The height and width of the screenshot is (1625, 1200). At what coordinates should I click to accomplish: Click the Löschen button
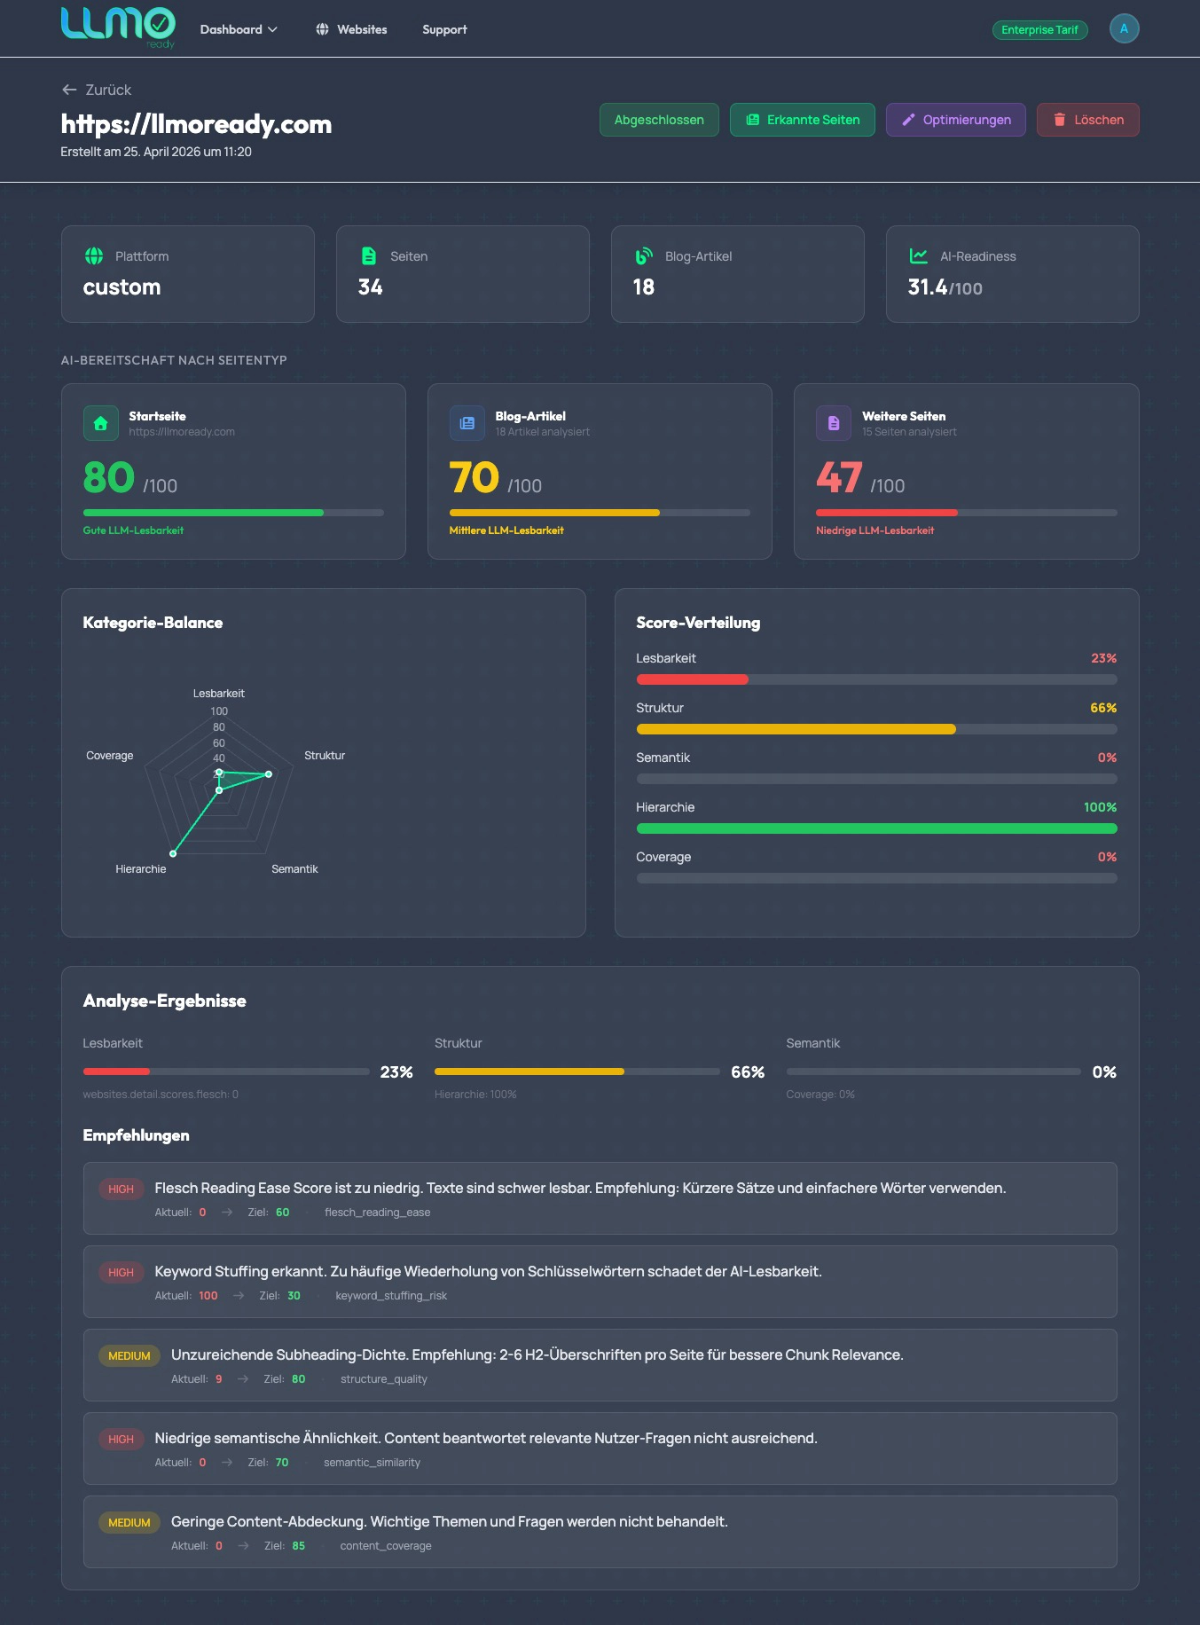click(1087, 120)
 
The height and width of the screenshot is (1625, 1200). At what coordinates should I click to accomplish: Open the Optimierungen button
click(955, 120)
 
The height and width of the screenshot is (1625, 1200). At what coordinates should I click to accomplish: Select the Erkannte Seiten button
click(802, 120)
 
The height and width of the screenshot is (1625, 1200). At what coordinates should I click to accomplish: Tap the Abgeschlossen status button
click(659, 120)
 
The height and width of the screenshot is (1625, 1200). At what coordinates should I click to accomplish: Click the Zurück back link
click(97, 90)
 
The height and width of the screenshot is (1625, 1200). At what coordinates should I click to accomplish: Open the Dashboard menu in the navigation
click(239, 29)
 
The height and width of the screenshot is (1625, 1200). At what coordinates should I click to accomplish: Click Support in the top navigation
click(444, 29)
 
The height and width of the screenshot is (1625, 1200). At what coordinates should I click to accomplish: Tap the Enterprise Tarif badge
click(1039, 30)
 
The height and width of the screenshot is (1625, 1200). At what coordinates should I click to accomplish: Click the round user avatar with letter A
click(1124, 28)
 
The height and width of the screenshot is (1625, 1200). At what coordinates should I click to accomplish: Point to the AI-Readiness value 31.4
click(928, 287)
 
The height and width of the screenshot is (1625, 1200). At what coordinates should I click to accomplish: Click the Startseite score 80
click(109, 478)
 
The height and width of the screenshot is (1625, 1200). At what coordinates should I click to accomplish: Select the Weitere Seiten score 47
click(839, 478)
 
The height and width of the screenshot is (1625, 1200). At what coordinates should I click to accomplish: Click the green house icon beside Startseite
click(101, 423)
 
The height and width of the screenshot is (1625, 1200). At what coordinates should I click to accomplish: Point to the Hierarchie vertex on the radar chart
click(173, 853)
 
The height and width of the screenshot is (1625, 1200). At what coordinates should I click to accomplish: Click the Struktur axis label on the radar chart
click(324, 756)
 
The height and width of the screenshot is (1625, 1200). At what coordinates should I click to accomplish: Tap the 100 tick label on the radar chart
click(219, 711)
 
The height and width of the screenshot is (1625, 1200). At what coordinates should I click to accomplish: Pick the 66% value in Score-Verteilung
click(1102, 708)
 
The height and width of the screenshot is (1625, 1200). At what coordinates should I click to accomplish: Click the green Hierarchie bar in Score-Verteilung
click(876, 828)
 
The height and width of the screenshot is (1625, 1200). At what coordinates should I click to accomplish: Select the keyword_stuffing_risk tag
click(391, 1296)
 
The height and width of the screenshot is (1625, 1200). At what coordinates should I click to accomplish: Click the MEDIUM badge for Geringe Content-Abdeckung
click(129, 1523)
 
